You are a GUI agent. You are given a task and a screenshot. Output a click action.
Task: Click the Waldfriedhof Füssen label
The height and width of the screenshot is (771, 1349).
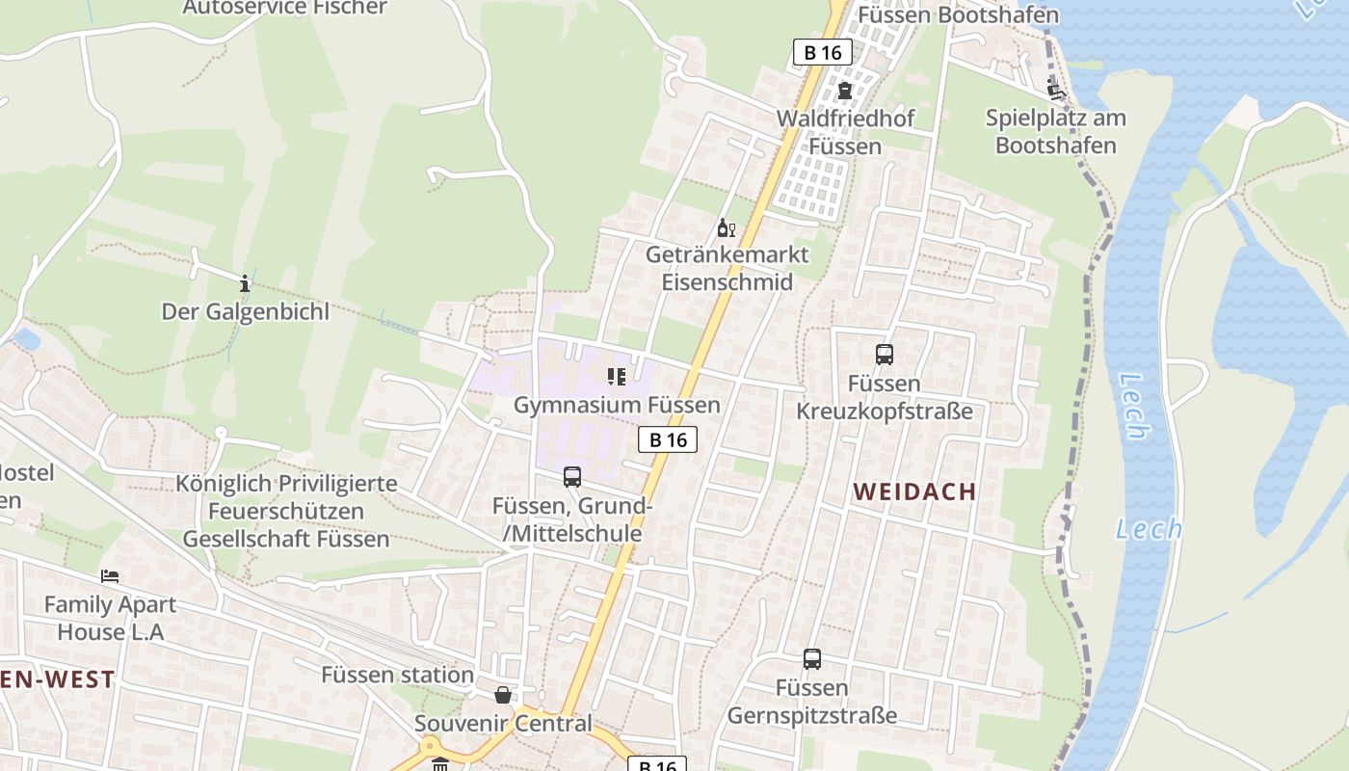[845, 132]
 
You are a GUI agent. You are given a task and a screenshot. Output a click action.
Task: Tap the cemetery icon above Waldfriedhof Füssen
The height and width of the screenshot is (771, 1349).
[845, 91]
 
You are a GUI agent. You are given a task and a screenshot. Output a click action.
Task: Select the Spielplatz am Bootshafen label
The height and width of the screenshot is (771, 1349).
[1056, 132]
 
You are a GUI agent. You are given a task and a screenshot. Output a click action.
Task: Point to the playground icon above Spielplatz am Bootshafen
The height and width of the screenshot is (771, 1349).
[1056, 91]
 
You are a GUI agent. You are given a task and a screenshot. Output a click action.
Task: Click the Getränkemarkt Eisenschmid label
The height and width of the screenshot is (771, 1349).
[727, 269]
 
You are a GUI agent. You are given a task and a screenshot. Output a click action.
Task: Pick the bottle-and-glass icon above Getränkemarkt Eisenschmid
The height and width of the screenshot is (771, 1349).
[726, 228]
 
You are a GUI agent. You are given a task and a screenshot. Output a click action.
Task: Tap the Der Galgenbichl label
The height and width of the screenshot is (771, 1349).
[245, 311]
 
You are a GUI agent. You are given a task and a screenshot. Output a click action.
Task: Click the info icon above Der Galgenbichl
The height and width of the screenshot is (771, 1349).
[245, 283]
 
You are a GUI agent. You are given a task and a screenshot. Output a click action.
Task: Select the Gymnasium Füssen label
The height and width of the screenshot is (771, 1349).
[617, 405]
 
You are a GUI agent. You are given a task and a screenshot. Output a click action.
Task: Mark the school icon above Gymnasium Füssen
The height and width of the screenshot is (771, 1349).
[617, 376]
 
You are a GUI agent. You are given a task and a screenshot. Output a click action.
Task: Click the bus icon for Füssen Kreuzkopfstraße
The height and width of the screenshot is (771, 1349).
[885, 355]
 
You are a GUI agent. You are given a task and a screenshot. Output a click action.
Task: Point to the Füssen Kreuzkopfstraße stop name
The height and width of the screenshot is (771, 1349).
[885, 398]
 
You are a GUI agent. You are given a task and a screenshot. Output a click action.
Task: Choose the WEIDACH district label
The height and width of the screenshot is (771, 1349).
[914, 492]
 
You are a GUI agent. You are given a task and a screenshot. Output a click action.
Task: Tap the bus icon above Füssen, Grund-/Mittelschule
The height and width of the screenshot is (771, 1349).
[572, 477]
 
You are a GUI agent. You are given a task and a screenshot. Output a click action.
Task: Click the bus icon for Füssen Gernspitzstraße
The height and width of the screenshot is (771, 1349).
[812, 659]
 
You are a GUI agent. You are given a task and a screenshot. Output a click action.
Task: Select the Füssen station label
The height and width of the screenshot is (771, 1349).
[398, 675]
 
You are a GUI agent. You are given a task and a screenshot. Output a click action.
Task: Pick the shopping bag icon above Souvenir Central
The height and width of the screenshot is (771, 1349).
[503, 695]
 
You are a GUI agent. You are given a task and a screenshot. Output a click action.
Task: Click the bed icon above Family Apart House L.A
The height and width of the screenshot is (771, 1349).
[110, 576]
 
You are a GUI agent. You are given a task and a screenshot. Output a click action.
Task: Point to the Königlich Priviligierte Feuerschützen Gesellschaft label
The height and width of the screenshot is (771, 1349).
[286, 511]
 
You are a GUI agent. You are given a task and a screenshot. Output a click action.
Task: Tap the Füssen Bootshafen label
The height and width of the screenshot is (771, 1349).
[958, 14]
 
